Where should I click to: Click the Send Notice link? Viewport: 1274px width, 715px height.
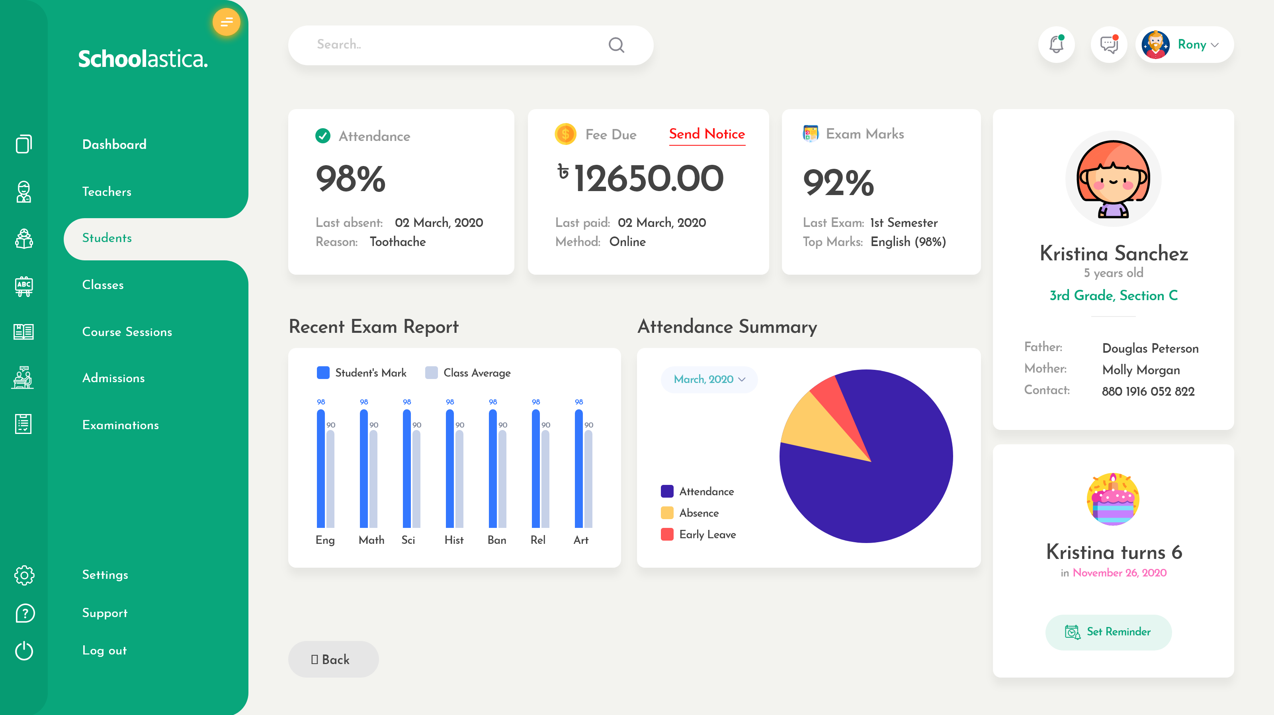pos(707,134)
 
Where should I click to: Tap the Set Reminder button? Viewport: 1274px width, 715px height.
pos(1108,632)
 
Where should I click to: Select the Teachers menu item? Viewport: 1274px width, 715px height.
pos(107,191)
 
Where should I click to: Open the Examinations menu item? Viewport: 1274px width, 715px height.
pos(120,425)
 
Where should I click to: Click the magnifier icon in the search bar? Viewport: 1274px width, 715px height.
pos(616,45)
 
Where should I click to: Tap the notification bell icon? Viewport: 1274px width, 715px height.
pos(1056,45)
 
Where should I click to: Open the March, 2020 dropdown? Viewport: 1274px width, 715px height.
pos(709,379)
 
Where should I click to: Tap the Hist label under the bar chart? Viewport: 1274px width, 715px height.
pos(453,540)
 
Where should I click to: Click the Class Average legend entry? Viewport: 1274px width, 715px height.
pos(468,373)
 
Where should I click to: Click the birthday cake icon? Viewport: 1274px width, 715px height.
pos(1113,499)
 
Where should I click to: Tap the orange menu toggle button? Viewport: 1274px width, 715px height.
pos(227,22)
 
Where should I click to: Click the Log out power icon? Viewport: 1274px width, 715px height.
pos(24,651)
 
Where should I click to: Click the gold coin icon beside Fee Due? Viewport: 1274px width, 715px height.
pos(565,134)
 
